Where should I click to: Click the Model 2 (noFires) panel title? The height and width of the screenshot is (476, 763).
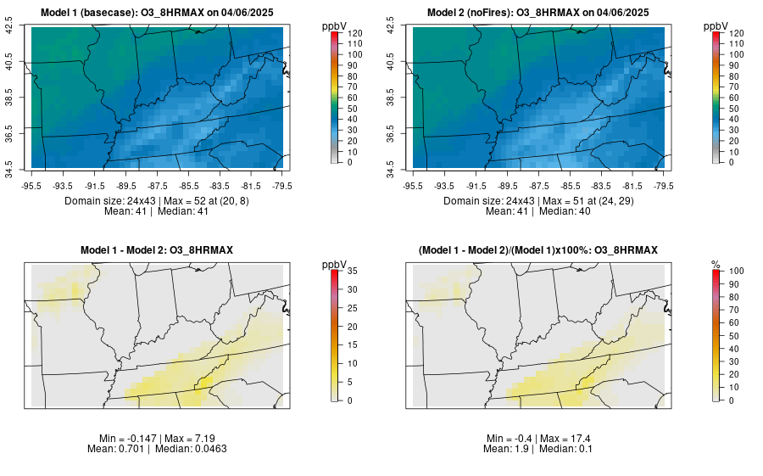click(x=537, y=13)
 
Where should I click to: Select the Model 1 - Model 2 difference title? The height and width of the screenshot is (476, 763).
click(x=156, y=250)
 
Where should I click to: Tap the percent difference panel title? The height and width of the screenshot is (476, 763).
click(x=537, y=250)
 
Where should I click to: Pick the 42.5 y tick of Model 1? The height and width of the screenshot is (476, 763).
click(x=10, y=28)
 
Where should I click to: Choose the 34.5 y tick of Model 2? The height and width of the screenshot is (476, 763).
click(x=392, y=163)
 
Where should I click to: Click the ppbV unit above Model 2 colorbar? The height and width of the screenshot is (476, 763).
click(x=717, y=26)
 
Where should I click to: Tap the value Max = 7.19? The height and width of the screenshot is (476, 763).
click(x=192, y=438)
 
